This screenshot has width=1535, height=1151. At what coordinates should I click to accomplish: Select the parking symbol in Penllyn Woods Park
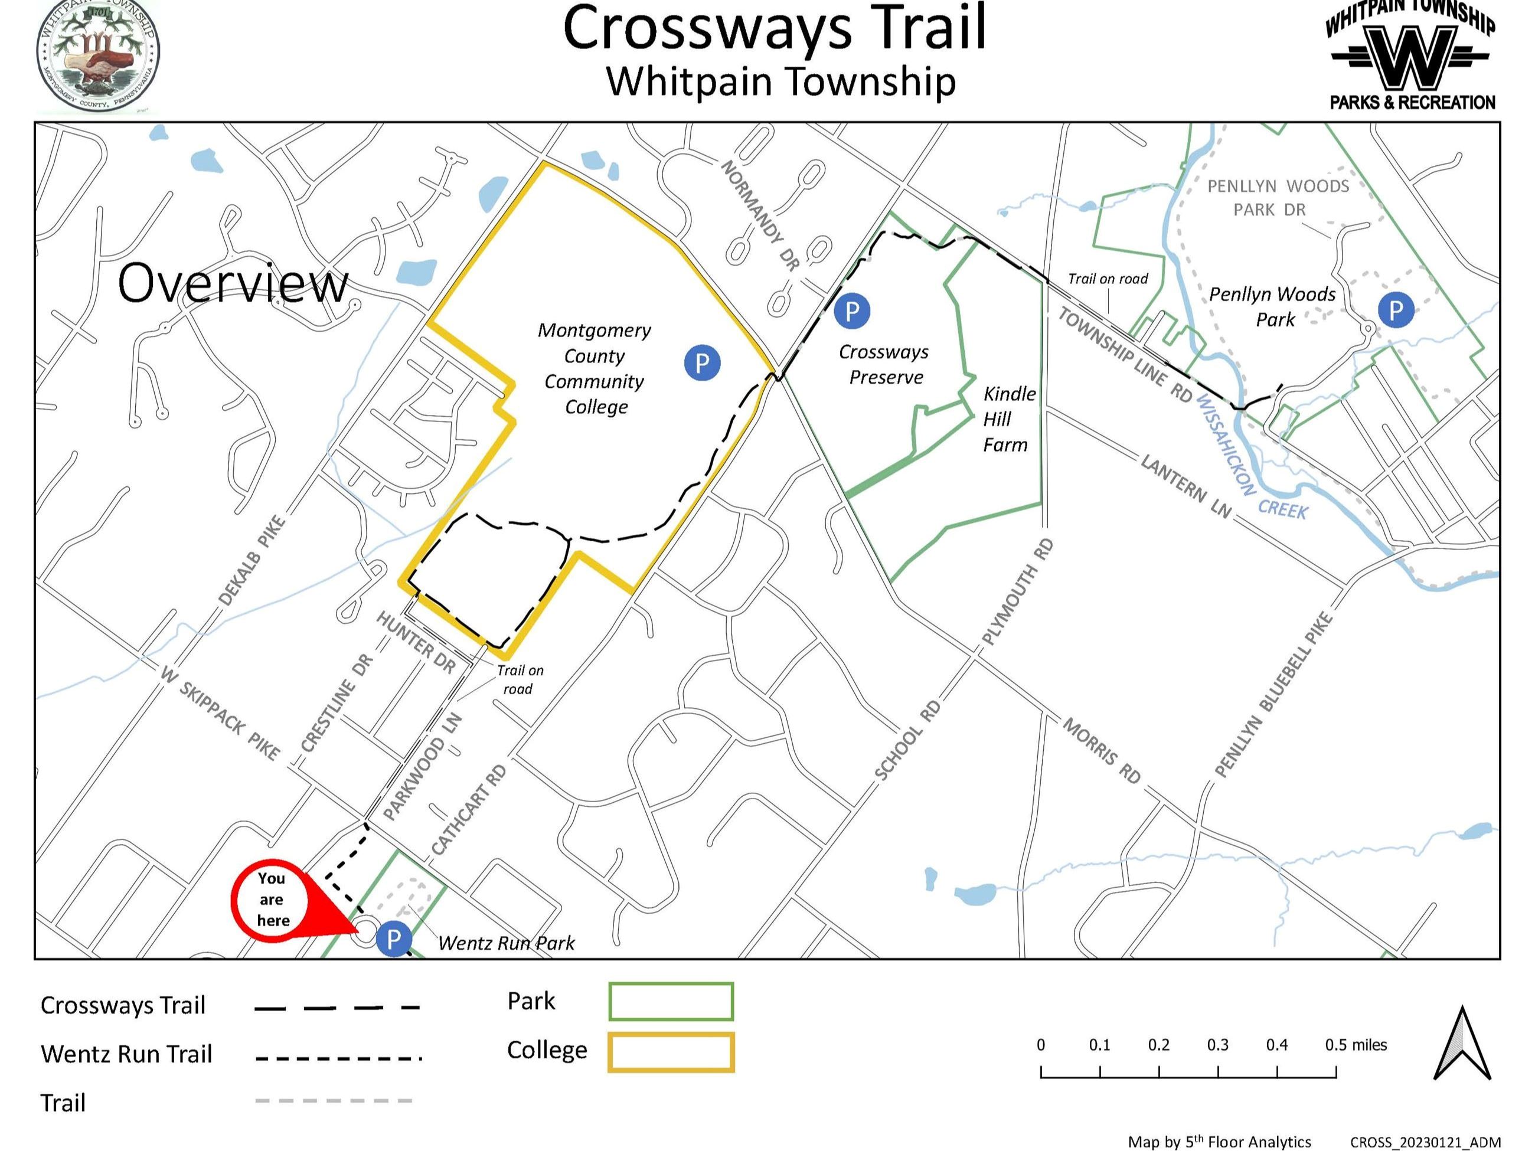coord(1396,309)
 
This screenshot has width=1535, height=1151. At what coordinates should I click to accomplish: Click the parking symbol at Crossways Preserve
coord(851,311)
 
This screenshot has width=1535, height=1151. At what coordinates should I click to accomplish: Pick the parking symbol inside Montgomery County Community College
coord(701,362)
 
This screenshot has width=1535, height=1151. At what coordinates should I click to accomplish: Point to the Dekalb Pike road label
coord(251,561)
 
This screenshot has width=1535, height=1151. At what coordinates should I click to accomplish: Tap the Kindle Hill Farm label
coord(1008,419)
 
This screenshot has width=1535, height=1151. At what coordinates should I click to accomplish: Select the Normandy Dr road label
coord(760,215)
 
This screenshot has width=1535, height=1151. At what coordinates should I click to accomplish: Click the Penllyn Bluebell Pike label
coord(1273,695)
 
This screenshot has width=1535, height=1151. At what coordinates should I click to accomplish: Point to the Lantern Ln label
coord(1186,487)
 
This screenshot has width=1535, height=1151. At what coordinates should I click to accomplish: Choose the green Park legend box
coord(670,1001)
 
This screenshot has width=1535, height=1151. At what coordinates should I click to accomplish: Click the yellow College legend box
coord(670,1052)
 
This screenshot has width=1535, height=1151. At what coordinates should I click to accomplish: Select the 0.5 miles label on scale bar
coord(1356,1045)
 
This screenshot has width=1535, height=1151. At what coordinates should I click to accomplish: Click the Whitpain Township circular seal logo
coord(98,55)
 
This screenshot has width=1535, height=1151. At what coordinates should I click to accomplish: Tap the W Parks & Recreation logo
coord(1411,55)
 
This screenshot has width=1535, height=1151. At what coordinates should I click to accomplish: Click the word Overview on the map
coord(233,283)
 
